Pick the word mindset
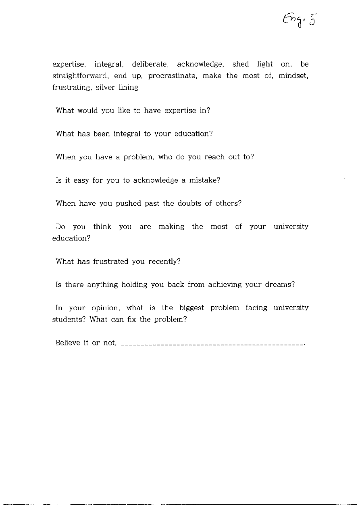pos(293,76)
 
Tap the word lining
pos(129,88)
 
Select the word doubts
pos(189,203)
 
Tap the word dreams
pos(281,285)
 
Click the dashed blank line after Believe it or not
pos(212,345)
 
